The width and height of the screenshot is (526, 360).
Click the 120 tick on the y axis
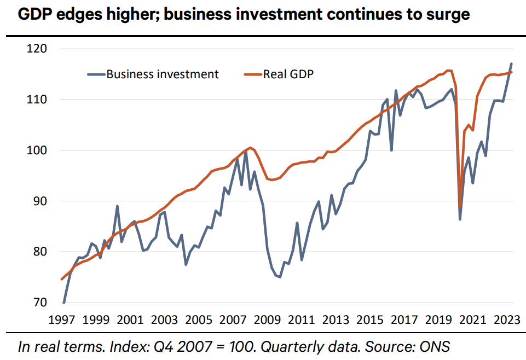click(x=37, y=49)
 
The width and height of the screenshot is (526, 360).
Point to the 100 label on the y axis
click(x=37, y=150)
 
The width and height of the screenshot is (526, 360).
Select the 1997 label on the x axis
click(x=62, y=320)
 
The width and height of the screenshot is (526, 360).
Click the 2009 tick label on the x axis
click(x=267, y=320)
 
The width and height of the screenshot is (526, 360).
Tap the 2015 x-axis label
click(x=368, y=320)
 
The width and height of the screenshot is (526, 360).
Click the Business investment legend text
click(x=163, y=74)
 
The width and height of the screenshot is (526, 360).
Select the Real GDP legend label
click(x=288, y=74)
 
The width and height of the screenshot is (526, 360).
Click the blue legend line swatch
click(x=95, y=74)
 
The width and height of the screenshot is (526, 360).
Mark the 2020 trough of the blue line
click(x=460, y=219)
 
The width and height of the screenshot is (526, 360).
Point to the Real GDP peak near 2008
click(x=250, y=148)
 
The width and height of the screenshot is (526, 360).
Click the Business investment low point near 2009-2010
click(x=280, y=277)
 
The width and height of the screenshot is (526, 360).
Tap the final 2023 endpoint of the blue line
click(x=511, y=64)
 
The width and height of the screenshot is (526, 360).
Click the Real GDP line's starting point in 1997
click(x=61, y=279)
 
